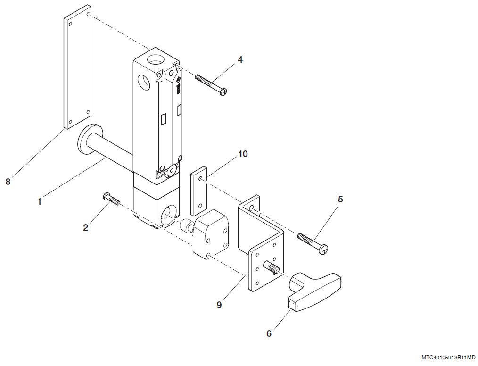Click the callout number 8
(x=8, y=182)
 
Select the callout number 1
(x=40, y=201)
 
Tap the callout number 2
(x=85, y=227)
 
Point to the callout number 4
(x=240, y=60)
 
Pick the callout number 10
(x=243, y=154)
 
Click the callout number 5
(x=340, y=199)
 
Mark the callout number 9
(x=219, y=305)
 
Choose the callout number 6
(x=269, y=333)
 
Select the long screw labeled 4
(x=210, y=83)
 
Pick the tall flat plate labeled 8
(x=77, y=67)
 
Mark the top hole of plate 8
(x=88, y=15)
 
